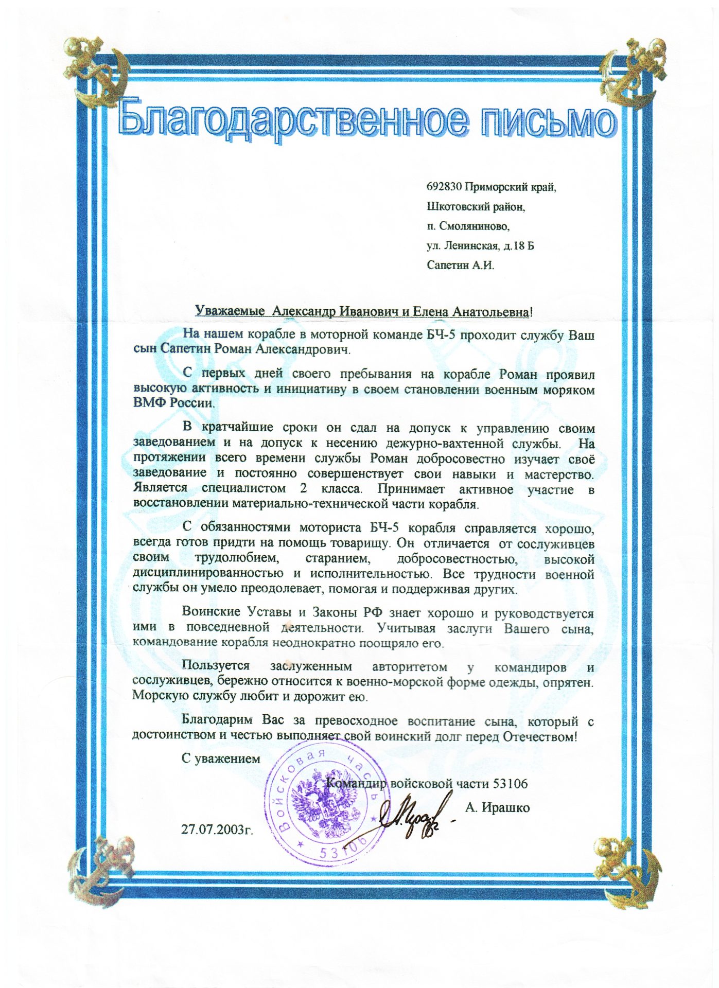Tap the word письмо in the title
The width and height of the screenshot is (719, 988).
546,119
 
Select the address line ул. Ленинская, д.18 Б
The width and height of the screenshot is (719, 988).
480,246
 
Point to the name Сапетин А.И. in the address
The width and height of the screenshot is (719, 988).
460,266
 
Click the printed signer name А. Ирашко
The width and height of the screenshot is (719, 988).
497,807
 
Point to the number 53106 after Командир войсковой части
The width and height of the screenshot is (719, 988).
510,784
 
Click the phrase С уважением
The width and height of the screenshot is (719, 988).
221,758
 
